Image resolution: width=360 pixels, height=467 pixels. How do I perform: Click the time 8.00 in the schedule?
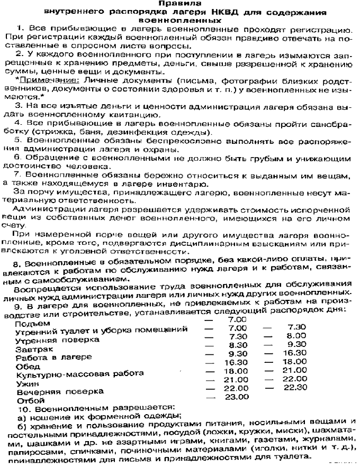[294, 336]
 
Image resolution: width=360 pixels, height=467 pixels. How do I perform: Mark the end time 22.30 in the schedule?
[295, 387]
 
